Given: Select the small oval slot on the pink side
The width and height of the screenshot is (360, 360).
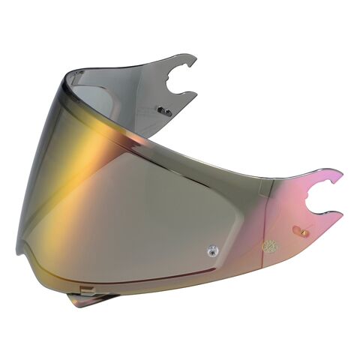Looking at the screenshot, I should click(x=299, y=229).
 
